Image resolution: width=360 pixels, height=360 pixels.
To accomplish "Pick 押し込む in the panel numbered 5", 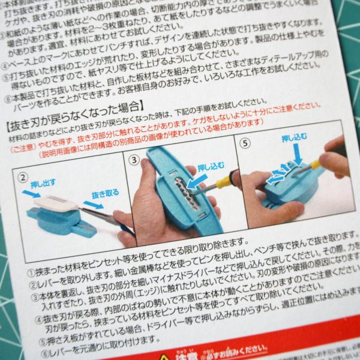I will point(296,141).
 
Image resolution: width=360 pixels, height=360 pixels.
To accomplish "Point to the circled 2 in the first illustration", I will point(22,178).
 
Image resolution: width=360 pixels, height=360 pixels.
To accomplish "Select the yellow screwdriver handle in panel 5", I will point(314,164).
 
